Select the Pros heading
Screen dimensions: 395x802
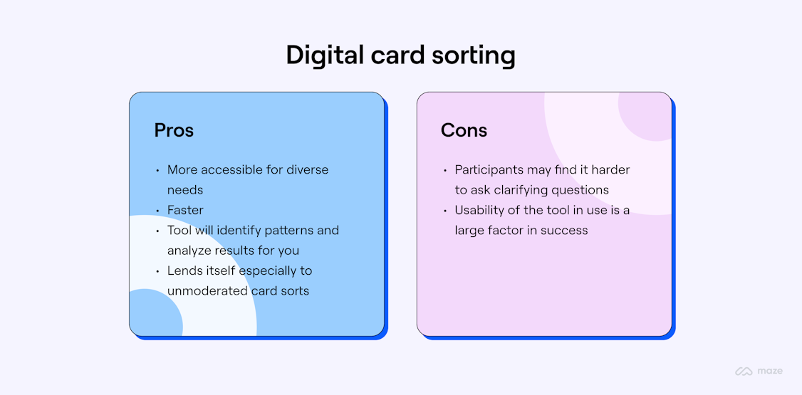tap(174, 130)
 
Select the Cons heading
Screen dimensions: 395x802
tap(464, 130)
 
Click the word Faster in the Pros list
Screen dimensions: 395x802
tap(185, 210)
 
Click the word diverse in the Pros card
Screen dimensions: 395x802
tap(308, 170)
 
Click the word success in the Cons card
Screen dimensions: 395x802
tap(564, 230)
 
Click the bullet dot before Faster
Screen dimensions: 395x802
tap(157, 211)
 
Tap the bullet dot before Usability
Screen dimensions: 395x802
tap(444, 211)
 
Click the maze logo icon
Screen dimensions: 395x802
tap(744, 371)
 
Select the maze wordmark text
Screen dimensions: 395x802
tap(770, 371)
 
